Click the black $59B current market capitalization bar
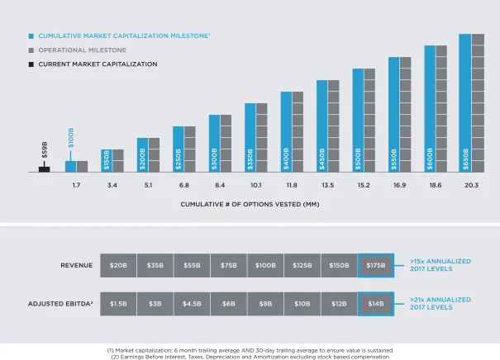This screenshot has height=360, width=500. click(45, 168)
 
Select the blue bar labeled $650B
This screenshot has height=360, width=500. click(464, 102)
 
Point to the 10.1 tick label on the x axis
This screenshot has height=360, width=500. click(255, 185)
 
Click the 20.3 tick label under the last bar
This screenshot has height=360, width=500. click(471, 185)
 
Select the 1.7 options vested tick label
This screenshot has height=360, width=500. click(76, 185)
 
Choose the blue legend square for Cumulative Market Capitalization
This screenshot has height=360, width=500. click(31, 37)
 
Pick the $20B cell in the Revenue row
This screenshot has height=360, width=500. click(118, 265)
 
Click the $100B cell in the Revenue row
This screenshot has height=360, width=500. click(265, 265)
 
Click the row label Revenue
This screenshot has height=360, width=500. click(76, 265)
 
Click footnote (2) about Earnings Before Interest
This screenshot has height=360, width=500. click(249, 356)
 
